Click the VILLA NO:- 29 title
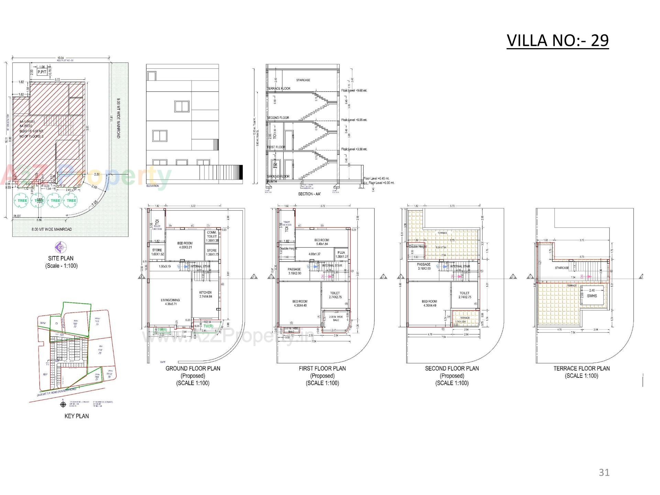(558, 41)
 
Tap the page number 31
(604, 472)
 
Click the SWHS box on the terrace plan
(592, 295)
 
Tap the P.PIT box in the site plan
(42, 72)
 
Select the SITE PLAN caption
(61, 258)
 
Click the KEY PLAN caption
(77, 416)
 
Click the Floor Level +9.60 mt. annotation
(354, 90)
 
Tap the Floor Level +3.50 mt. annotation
(354, 149)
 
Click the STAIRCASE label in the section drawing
(303, 80)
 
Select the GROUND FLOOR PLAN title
(193, 368)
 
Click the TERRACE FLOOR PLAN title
(581, 368)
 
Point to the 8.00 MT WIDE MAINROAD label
(52, 229)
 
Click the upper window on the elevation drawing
(182, 106)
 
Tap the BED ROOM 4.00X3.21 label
(185, 245)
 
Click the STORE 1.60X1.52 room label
(157, 252)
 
